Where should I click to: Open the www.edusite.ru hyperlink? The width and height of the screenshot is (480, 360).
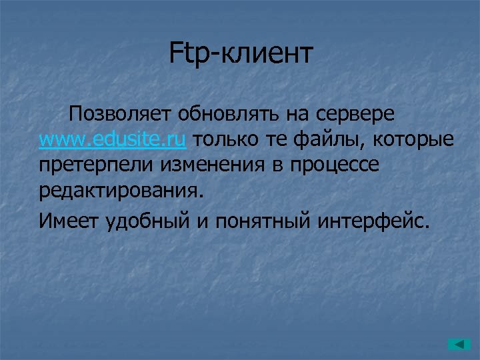113,140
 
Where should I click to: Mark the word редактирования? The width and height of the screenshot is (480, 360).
119,192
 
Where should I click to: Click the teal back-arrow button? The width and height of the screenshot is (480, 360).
459,345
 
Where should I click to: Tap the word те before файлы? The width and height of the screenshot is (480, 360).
279,140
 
